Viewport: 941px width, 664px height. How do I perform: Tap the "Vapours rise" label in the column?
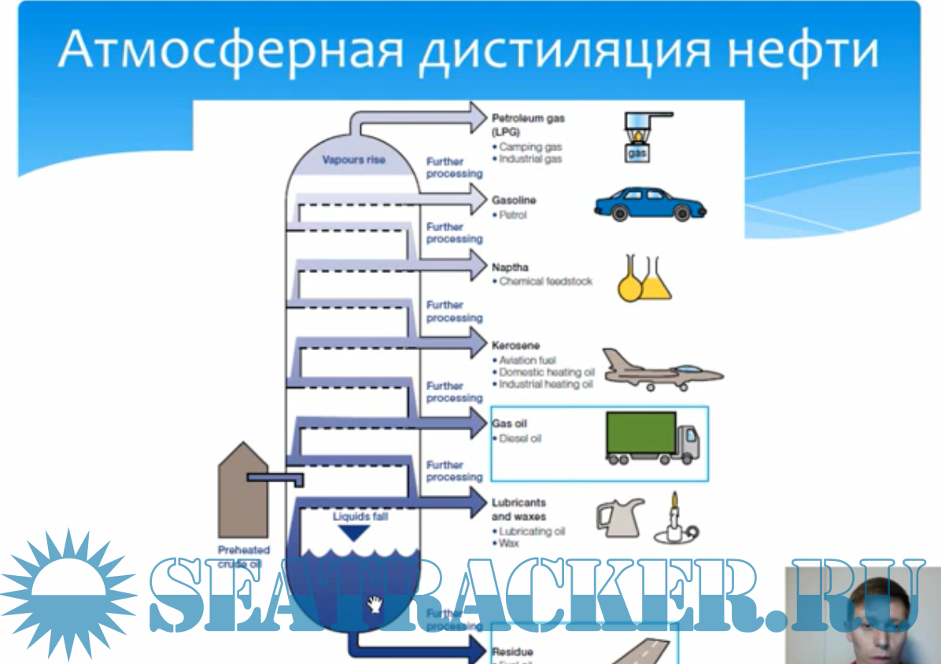pos(354,160)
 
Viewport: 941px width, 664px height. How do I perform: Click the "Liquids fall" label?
pos(360,517)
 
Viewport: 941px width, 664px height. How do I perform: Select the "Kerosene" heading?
pos(515,345)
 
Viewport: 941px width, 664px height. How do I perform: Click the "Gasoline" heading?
pos(514,201)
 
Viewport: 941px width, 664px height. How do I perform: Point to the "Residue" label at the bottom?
pos(512,651)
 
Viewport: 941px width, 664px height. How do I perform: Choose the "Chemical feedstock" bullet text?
pos(545,281)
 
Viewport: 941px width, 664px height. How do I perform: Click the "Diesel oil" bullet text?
pos(520,438)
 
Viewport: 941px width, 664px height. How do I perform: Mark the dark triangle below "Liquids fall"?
pos(353,533)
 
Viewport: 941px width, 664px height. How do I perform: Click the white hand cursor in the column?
pos(376,604)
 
